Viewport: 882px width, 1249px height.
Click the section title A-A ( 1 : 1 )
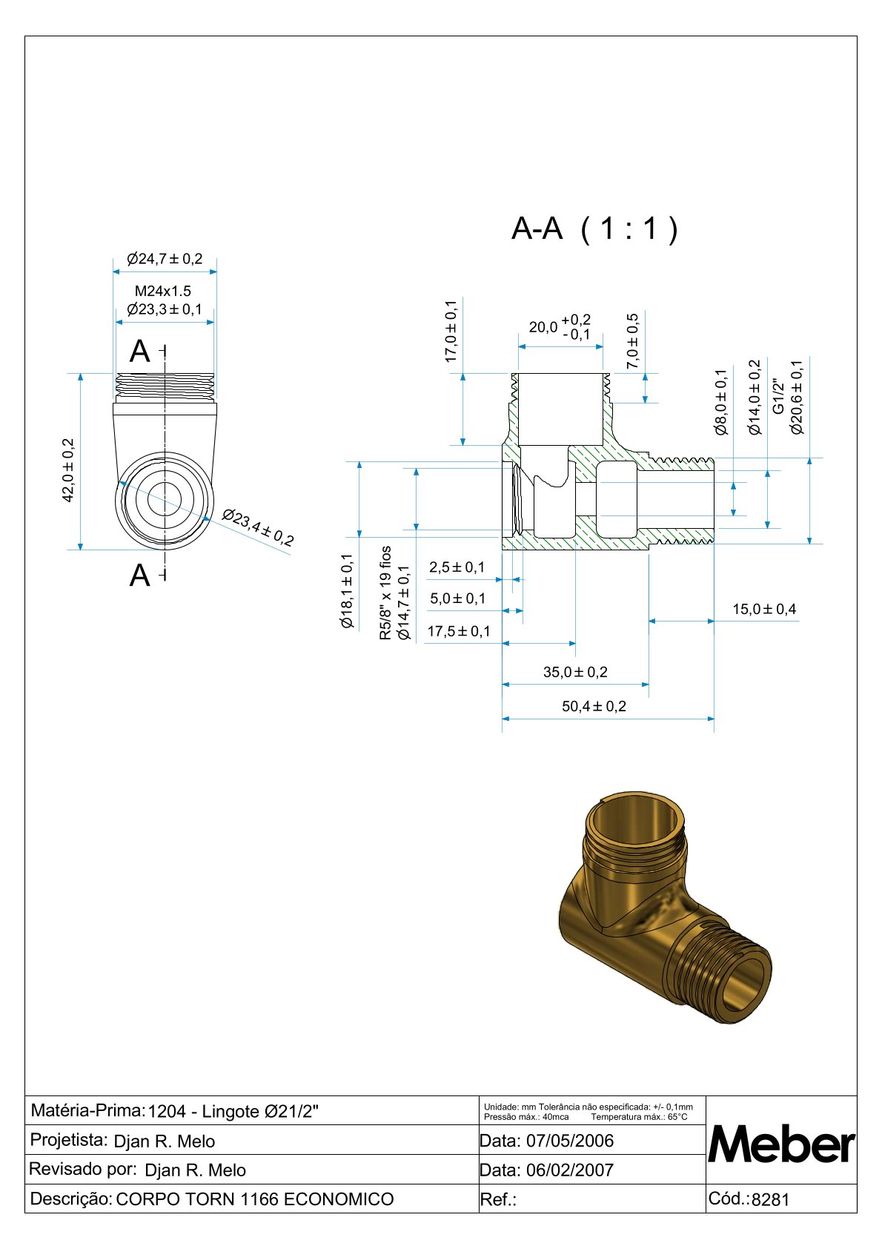click(594, 229)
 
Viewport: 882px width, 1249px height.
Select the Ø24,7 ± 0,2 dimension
click(165, 259)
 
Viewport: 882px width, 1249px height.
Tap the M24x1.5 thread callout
click(163, 291)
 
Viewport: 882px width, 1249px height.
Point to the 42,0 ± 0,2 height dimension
click(68, 470)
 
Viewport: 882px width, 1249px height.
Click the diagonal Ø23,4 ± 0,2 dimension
click(258, 527)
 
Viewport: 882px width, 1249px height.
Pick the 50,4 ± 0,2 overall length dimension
click(594, 706)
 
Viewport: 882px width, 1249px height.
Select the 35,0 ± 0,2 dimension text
click(575, 672)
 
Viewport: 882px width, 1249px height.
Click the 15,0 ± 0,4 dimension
click(764, 609)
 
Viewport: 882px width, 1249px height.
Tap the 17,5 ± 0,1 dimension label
click(459, 631)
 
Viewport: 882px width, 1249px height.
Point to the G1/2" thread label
click(778, 397)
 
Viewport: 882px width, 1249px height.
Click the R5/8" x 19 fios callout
click(385, 593)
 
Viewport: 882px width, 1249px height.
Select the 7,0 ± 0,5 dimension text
click(632, 340)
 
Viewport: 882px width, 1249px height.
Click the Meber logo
click(782, 1144)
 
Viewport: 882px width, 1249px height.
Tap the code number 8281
click(771, 1200)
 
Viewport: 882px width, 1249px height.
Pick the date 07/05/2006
click(569, 1141)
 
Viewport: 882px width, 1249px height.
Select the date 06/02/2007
click(569, 1170)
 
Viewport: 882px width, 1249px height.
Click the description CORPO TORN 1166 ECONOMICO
click(255, 1199)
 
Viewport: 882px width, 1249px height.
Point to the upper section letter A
click(140, 352)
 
